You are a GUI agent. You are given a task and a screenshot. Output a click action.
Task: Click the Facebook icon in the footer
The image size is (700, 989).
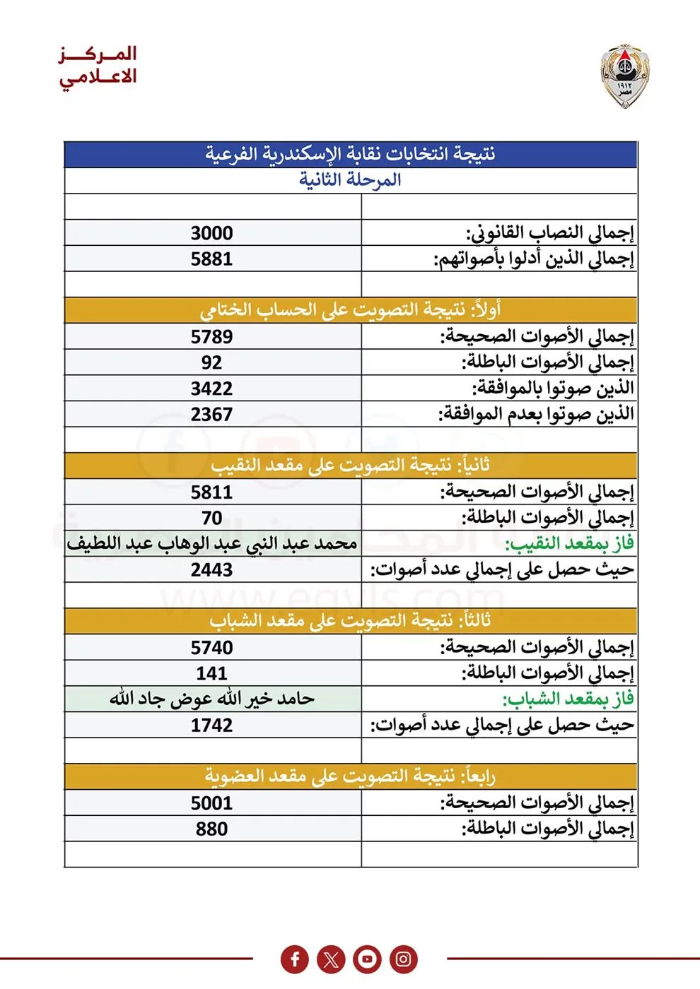pos(295,959)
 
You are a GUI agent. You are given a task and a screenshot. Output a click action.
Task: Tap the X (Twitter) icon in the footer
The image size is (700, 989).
pos(331,959)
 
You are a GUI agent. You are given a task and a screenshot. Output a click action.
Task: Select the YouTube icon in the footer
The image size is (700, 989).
pos(367,959)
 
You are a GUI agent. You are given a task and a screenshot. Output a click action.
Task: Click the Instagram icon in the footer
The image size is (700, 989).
pos(403,959)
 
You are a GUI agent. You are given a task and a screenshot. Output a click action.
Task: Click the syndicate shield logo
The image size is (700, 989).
pos(625,76)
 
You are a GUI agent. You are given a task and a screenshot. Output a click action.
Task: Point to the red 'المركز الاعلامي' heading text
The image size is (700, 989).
pos(98,65)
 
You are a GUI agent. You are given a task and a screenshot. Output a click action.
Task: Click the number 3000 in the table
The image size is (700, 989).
pos(211,233)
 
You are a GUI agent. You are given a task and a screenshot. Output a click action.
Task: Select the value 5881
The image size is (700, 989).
pos(211,259)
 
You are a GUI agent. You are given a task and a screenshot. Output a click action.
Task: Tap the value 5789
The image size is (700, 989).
pos(211,337)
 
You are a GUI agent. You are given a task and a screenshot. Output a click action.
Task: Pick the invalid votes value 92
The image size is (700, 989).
pos(211,363)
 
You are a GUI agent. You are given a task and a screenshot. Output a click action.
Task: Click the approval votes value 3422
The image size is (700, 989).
pos(211,389)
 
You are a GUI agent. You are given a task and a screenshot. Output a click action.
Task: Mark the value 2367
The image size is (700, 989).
pos(211,415)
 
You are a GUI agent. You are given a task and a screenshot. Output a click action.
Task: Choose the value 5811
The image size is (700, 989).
pos(211,492)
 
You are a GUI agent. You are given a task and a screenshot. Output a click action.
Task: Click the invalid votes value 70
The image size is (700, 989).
pos(211,519)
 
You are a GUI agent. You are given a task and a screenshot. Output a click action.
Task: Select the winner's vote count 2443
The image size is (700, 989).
pos(211,570)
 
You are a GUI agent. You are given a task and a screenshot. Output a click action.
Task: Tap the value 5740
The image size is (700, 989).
pos(211,648)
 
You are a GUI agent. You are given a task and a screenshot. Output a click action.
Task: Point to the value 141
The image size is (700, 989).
pos(211,674)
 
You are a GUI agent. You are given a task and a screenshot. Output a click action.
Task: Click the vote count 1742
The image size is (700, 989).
pos(211,726)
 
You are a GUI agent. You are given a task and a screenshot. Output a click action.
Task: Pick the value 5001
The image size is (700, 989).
pos(211,803)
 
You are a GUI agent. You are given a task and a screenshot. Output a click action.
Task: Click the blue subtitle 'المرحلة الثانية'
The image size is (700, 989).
pos(350,180)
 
